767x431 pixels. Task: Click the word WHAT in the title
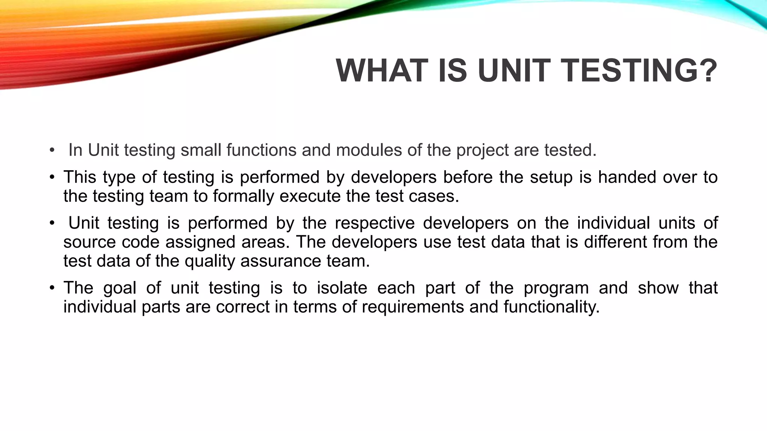click(382, 71)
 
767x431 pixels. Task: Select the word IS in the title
click(453, 71)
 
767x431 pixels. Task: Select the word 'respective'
click(375, 223)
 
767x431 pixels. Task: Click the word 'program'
click(556, 288)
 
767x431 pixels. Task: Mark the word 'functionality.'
click(551, 307)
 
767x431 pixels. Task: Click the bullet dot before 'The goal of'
click(52, 288)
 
